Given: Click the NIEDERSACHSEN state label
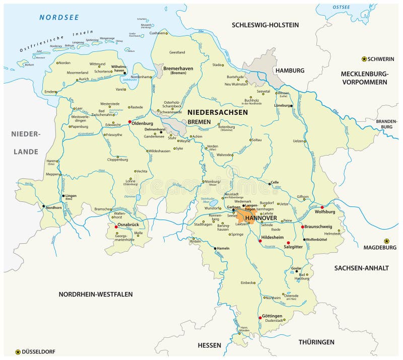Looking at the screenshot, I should (217, 112).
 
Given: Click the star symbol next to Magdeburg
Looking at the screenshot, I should (386, 241).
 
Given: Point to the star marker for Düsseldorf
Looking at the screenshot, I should (19, 351).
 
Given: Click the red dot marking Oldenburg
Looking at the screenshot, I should (129, 122).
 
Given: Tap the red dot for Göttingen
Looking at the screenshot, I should (260, 317).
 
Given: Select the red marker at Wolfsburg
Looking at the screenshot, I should (321, 207).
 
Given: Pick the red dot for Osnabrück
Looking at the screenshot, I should (116, 227).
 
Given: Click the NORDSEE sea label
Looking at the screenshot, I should (59, 17).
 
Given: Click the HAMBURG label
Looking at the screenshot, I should (290, 70).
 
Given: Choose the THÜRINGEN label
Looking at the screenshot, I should (316, 341).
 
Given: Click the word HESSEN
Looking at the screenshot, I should (209, 345).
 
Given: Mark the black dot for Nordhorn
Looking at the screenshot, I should (44, 206).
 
